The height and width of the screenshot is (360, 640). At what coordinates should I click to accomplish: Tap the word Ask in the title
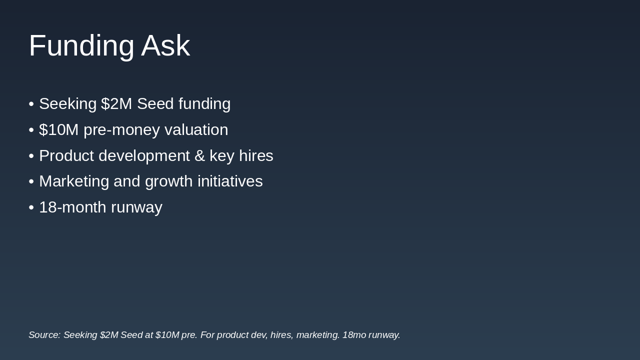coord(165,45)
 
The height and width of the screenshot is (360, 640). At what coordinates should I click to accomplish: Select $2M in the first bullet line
coord(116,103)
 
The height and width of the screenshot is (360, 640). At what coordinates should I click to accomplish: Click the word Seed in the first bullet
coord(155,103)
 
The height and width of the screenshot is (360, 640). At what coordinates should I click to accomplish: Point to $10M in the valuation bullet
coord(58,129)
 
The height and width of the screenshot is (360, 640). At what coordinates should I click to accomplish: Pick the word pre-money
coord(121,130)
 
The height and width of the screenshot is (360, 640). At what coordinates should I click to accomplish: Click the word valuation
coord(196,129)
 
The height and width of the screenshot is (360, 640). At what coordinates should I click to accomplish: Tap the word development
coord(144,156)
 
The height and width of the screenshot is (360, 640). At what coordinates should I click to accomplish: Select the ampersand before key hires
coord(199,156)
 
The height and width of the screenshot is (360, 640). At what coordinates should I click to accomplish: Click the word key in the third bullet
coord(222,156)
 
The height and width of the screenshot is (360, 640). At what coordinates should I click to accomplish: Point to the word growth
coord(169,181)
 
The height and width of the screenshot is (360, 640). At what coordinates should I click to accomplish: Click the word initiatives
coord(230,181)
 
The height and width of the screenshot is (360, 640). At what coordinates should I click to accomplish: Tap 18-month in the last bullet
coord(72,207)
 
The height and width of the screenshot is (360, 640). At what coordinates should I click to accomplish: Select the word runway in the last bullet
coord(136,208)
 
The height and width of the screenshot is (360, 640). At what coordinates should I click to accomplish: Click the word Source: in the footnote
coord(44,335)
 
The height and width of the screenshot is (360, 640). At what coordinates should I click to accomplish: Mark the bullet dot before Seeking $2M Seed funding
coord(31,104)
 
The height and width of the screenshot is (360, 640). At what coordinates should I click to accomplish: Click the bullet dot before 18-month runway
coord(31,207)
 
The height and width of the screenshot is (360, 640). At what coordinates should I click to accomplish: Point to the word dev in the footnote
coord(259,335)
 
